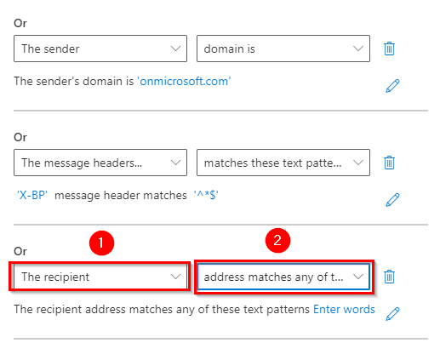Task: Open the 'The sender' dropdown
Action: tap(100, 49)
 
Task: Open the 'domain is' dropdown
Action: tap(283, 49)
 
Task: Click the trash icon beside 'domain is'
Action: tap(389, 49)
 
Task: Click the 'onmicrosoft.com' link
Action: tap(184, 82)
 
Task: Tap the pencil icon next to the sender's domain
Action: tap(392, 86)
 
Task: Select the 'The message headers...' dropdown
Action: tap(100, 163)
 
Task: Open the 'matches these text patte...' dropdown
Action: tap(283, 163)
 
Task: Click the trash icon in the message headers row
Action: tap(389, 163)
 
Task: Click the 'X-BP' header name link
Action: tap(32, 196)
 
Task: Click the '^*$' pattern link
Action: tap(206, 196)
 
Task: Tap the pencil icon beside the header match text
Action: tap(392, 200)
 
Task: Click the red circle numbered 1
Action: tap(101, 243)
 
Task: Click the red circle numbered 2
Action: tap(277, 241)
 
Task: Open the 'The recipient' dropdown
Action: tap(100, 277)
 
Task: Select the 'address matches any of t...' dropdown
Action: tap(283, 277)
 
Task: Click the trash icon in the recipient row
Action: tap(389, 277)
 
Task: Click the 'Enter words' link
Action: tap(344, 309)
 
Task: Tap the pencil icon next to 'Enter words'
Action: tap(392, 314)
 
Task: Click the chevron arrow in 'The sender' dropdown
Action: tap(175, 49)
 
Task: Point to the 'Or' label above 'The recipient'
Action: tap(20, 251)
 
